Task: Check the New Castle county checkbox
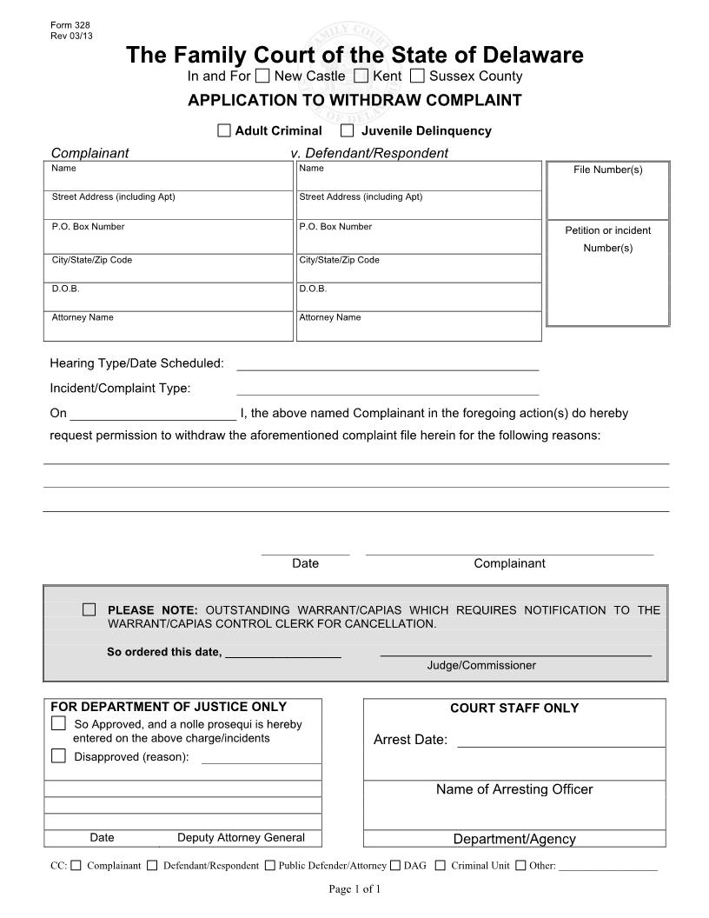pyautogui.click(x=262, y=76)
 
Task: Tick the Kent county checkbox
pyautogui.click(x=361, y=76)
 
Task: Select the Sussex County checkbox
pyautogui.click(x=417, y=76)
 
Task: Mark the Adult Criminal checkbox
pyautogui.click(x=224, y=130)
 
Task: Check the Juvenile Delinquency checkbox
pyautogui.click(x=348, y=130)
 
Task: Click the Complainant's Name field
pyautogui.click(x=169, y=180)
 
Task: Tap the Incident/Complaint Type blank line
pyautogui.click(x=388, y=387)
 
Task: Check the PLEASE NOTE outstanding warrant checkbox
pyautogui.click(x=89, y=609)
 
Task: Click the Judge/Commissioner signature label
pyautogui.click(x=481, y=665)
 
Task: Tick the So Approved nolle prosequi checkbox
pyautogui.click(x=58, y=723)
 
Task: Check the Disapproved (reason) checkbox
pyautogui.click(x=58, y=755)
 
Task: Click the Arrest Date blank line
pyautogui.click(x=560, y=740)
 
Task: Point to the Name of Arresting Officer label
pyautogui.click(x=514, y=789)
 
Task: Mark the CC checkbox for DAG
pyautogui.click(x=395, y=865)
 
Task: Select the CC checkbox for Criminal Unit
pyautogui.click(x=441, y=865)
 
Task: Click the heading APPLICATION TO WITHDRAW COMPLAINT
pyautogui.click(x=354, y=100)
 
